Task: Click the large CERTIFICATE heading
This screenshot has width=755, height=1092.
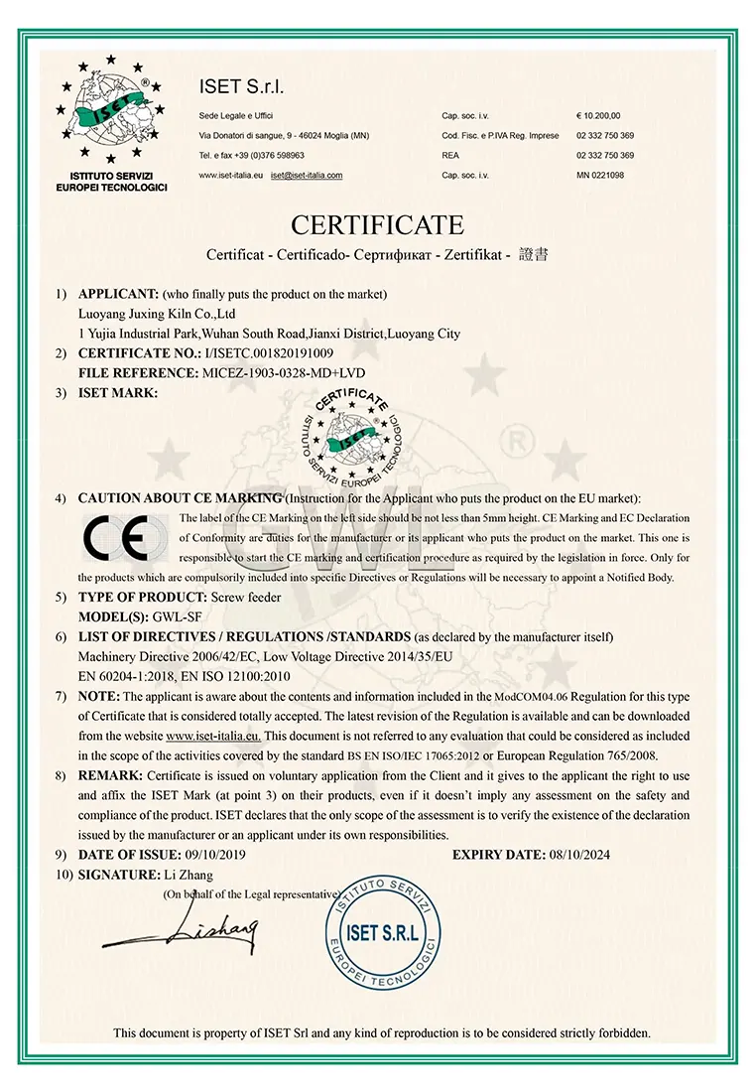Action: tap(377, 224)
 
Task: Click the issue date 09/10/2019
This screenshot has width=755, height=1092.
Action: tap(217, 855)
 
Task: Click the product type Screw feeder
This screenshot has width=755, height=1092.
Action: tap(247, 597)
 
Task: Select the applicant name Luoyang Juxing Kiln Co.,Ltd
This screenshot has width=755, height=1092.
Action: tap(156, 314)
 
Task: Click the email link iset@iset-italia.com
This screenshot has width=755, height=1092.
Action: tap(307, 175)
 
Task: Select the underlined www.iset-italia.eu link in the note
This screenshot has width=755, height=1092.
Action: tap(212, 736)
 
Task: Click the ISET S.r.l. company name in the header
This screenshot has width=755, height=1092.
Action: tap(242, 87)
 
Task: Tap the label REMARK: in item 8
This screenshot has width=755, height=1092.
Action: tap(109, 775)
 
